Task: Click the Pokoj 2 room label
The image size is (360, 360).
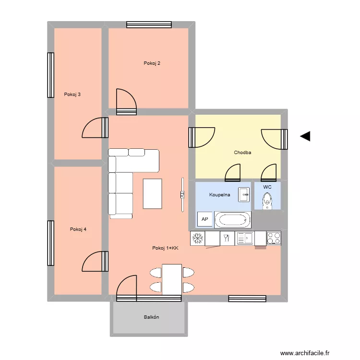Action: pos(152,63)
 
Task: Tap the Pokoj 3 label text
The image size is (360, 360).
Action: pos(72,95)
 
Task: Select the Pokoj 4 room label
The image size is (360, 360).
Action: pos(78,229)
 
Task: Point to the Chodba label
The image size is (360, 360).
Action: pos(242,153)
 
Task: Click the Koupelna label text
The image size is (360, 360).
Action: pos(220,195)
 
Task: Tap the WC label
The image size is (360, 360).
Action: pos(267,187)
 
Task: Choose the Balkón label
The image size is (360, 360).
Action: pos(151,317)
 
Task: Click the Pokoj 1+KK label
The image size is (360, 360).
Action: pos(165,248)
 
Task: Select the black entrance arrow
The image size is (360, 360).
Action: pos(305,136)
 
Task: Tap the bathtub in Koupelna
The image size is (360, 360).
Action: pos(233,220)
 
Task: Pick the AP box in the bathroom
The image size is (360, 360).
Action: pos(204,219)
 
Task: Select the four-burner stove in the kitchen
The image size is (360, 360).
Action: pos(274,238)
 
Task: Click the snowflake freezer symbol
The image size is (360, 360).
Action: pos(198,238)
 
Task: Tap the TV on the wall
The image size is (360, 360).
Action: pos(182,194)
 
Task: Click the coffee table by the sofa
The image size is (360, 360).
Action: pos(153,193)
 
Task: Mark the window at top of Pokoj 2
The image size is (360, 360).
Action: pos(149,24)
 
